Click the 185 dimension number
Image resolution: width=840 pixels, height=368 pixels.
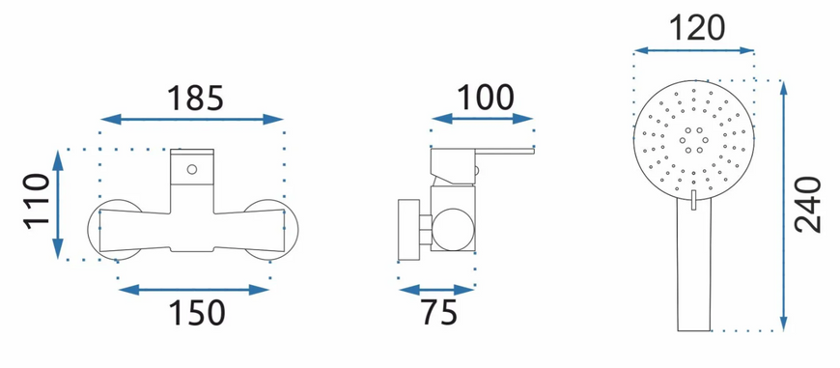tap(194, 98)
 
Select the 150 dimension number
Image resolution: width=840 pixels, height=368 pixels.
tap(197, 313)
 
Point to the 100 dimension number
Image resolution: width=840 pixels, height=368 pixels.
tap(485, 98)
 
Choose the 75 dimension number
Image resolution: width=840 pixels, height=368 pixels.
tap(438, 313)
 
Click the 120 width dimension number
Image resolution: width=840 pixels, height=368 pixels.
tap(696, 28)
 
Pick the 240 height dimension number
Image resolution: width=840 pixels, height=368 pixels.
tap(808, 205)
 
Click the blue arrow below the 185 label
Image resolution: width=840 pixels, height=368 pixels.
tap(192, 120)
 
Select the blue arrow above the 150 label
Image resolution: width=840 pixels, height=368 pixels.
tap(193, 291)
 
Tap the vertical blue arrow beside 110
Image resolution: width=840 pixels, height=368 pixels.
tap(58, 205)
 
